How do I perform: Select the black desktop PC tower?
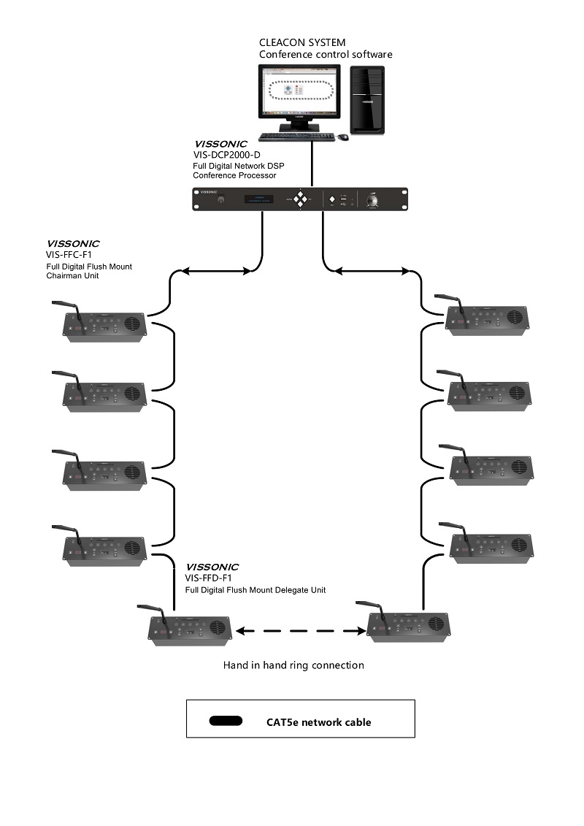click(x=366, y=99)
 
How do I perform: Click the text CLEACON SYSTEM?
click(x=302, y=43)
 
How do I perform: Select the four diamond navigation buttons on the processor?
click(x=300, y=199)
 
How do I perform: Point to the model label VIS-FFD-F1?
click(x=211, y=578)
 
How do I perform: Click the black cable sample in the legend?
click(x=226, y=721)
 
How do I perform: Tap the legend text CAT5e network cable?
click(x=318, y=722)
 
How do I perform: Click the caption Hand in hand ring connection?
click(x=293, y=665)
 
